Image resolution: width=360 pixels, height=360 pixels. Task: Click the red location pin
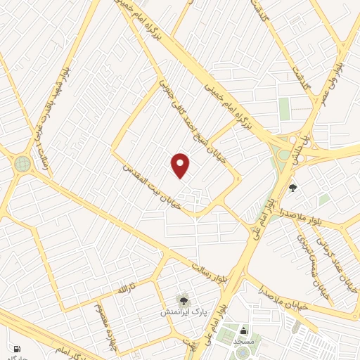click(x=181, y=165)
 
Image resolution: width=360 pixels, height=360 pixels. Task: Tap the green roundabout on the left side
click(x=22, y=164)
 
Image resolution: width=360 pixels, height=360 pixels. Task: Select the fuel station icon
click(x=16, y=349)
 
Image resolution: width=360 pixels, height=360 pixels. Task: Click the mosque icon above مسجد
click(x=244, y=331)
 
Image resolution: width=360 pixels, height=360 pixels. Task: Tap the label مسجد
click(x=244, y=341)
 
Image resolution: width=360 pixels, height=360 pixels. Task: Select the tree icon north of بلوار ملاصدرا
click(x=292, y=187)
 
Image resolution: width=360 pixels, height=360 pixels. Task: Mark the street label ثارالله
click(x=123, y=289)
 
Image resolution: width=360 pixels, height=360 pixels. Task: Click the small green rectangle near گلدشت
click(x=284, y=109)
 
